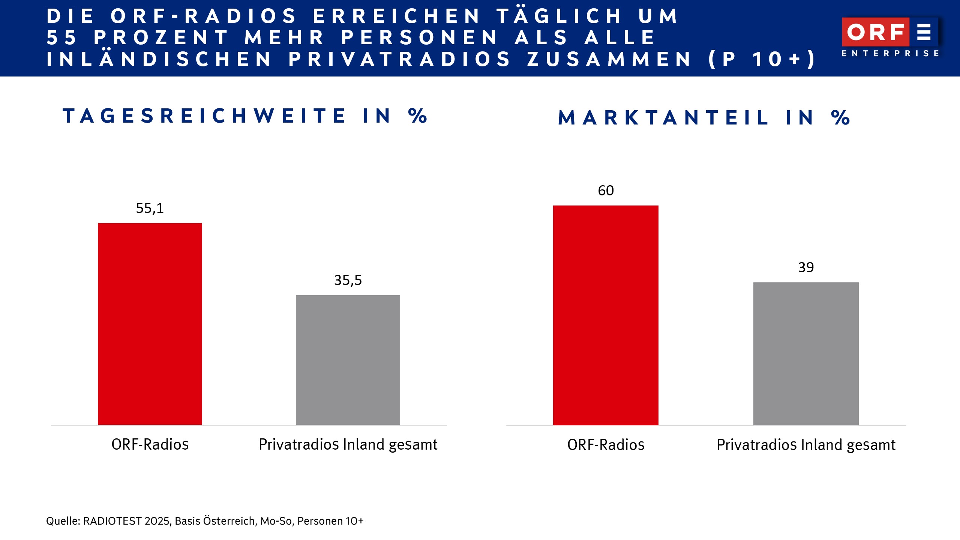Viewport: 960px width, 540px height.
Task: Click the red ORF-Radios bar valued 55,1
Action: click(x=150, y=324)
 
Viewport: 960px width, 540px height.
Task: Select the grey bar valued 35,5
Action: click(x=348, y=360)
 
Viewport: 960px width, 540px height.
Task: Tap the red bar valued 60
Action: click(x=606, y=315)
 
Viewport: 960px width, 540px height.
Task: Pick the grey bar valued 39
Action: click(x=806, y=353)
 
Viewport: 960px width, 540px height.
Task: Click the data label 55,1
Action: click(x=150, y=208)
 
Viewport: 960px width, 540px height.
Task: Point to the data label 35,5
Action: click(x=348, y=280)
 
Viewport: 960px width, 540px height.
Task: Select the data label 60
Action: click(x=606, y=190)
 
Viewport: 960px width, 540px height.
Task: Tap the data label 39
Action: click(x=806, y=267)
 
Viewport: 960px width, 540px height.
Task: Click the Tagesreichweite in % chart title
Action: click(x=245, y=115)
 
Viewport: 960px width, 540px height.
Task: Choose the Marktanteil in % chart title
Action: click(x=704, y=118)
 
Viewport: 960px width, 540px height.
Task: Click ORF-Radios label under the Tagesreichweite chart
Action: click(x=150, y=444)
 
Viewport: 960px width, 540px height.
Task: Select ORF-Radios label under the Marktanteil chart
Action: click(x=606, y=445)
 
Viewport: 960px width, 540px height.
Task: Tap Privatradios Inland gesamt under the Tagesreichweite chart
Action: click(x=348, y=444)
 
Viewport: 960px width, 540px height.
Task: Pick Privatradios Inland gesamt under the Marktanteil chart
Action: click(x=806, y=445)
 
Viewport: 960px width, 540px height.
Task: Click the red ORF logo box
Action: click(x=875, y=32)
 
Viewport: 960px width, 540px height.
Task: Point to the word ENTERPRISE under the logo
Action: click(x=890, y=54)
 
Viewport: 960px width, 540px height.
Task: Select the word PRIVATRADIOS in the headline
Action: click(x=400, y=59)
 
